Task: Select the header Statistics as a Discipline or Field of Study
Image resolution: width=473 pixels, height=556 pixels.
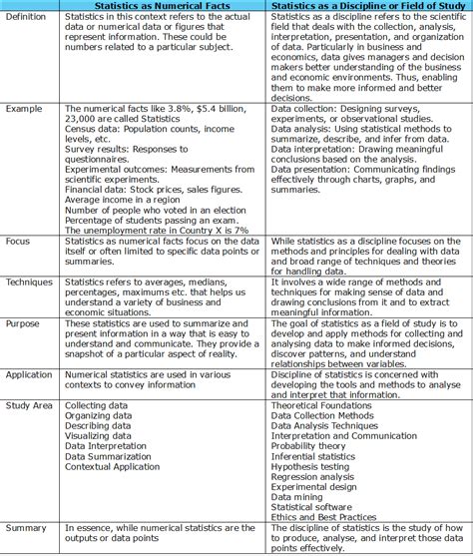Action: pos(369,7)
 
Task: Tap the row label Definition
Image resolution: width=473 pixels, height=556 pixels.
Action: pos(28,20)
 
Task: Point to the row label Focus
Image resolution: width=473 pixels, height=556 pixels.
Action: pos(19,242)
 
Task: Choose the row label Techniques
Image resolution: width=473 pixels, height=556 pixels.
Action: pos(29,282)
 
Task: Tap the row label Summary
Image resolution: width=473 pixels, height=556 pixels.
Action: pos(26,527)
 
